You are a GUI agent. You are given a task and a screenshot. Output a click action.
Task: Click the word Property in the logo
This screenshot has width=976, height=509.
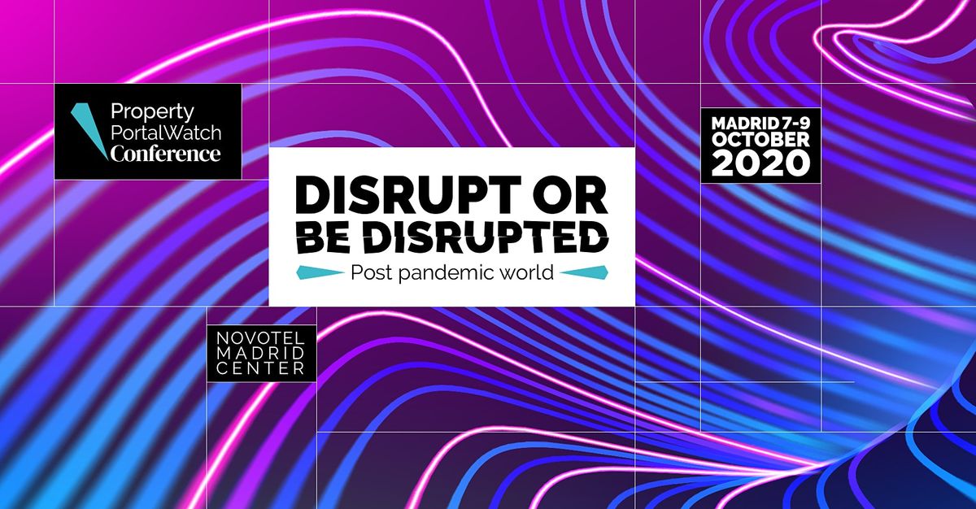click(152, 113)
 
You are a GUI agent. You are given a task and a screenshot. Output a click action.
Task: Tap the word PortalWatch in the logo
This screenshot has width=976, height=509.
click(166, 133)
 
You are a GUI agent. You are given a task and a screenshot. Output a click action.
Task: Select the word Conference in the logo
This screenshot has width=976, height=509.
click(165, 153)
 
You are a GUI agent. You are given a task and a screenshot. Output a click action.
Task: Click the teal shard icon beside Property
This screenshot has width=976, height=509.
click(89, 131)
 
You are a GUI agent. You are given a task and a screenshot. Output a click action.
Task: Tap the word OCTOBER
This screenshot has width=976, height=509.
click(760, 140)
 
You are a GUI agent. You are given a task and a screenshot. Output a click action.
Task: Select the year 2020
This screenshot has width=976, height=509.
click(760, 163)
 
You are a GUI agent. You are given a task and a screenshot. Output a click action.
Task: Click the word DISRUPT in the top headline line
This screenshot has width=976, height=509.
click(407, 194)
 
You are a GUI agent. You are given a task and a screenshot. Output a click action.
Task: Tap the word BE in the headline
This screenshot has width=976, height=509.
click(324, 237)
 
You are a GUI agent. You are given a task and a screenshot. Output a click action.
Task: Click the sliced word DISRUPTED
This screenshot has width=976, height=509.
click(486, 237)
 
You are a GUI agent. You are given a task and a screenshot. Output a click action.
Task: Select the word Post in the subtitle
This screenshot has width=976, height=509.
click(371, 273)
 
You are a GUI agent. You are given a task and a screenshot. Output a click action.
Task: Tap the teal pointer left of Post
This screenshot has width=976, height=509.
click(320, 272)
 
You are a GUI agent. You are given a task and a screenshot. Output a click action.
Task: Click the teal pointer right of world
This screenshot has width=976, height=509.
click(584, 272)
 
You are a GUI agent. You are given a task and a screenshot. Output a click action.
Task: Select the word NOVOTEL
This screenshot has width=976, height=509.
click(260, 338)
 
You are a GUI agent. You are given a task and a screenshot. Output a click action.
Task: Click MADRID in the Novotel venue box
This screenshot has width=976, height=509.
click(260, 353)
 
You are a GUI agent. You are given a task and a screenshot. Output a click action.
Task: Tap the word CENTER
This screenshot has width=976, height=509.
click(260, 368)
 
